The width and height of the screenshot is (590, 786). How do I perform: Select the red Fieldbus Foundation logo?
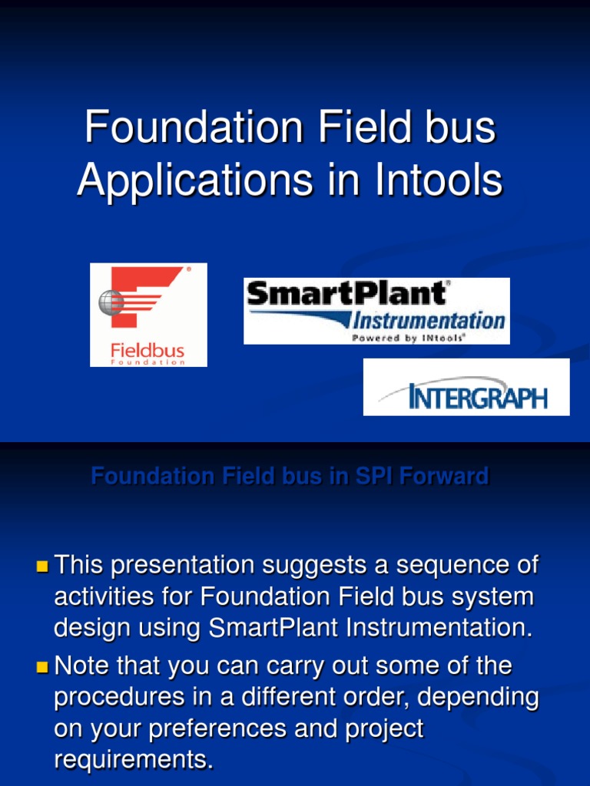148,315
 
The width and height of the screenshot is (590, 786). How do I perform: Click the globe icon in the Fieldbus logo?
111,302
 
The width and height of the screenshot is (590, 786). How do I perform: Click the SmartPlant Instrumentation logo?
376,311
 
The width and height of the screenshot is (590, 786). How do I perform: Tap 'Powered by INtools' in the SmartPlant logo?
408,336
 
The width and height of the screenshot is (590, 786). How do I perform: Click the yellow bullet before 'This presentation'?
42,567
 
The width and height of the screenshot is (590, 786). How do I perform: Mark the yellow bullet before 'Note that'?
42,667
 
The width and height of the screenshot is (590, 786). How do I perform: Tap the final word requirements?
133,759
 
